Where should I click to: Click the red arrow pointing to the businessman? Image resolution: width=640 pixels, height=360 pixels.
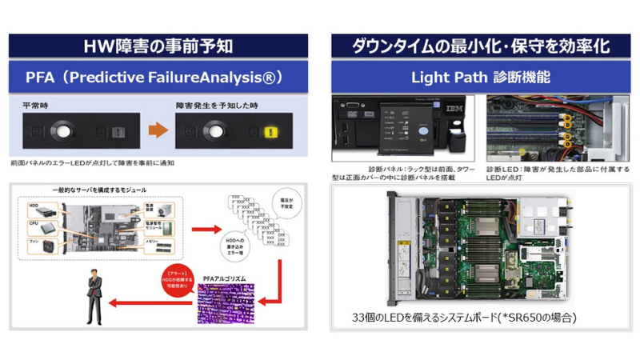(x=153, y=303)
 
